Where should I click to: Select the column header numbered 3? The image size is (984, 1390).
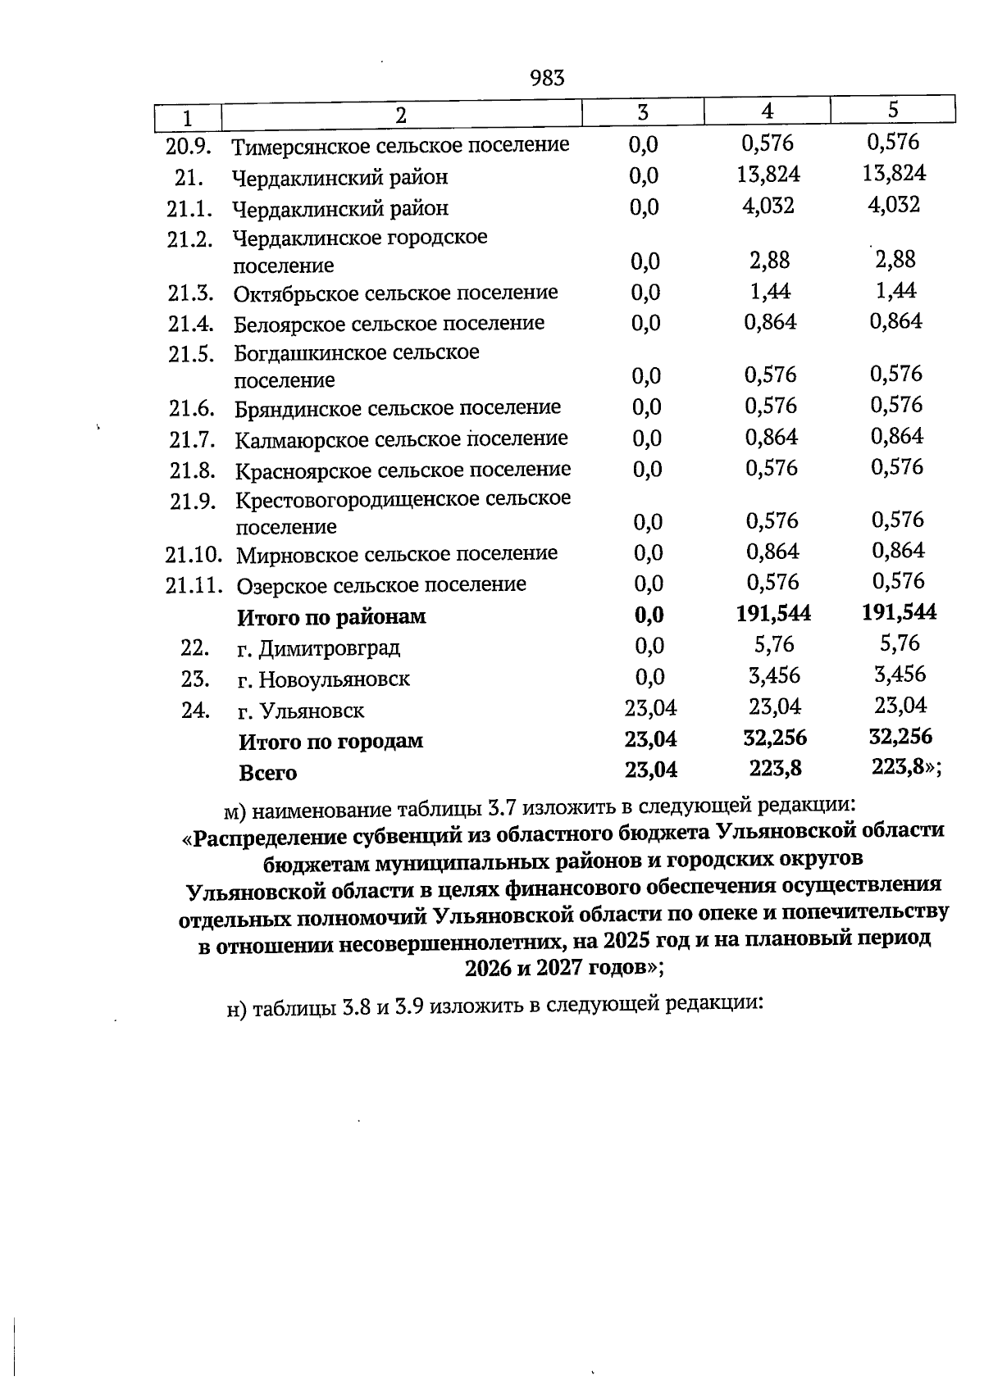(643, 112)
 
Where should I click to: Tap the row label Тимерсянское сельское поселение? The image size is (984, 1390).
(400, 147)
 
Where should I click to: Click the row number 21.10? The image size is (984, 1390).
(194, 555)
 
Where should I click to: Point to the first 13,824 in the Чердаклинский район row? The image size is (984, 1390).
(768, 174)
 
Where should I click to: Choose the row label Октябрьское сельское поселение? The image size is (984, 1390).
(395, 293)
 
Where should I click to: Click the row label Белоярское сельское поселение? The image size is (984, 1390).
(389, 324)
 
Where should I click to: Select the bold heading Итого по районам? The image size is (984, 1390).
(331, 617)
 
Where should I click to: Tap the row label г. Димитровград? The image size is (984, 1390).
(318, 649)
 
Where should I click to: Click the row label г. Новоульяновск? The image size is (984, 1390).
(323, 679)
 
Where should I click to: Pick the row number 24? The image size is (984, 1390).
(195, 710)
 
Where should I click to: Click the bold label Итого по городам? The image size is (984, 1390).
(330, 742)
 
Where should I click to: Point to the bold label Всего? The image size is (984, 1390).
(267, 773)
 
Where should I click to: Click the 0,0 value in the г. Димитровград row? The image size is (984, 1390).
(649, 647)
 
